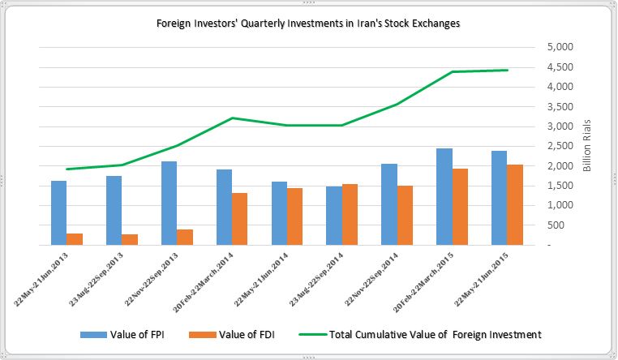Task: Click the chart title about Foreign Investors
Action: click(308, 24)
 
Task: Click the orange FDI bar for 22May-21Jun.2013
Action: click(75, 239)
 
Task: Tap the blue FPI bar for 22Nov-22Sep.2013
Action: click(169, 203)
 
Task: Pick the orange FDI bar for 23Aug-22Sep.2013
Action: click(130, 239)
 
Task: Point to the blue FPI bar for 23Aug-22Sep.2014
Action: click(334, 216)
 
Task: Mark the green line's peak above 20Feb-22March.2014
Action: click(232, 118)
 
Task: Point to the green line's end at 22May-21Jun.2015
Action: click(508, 71)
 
